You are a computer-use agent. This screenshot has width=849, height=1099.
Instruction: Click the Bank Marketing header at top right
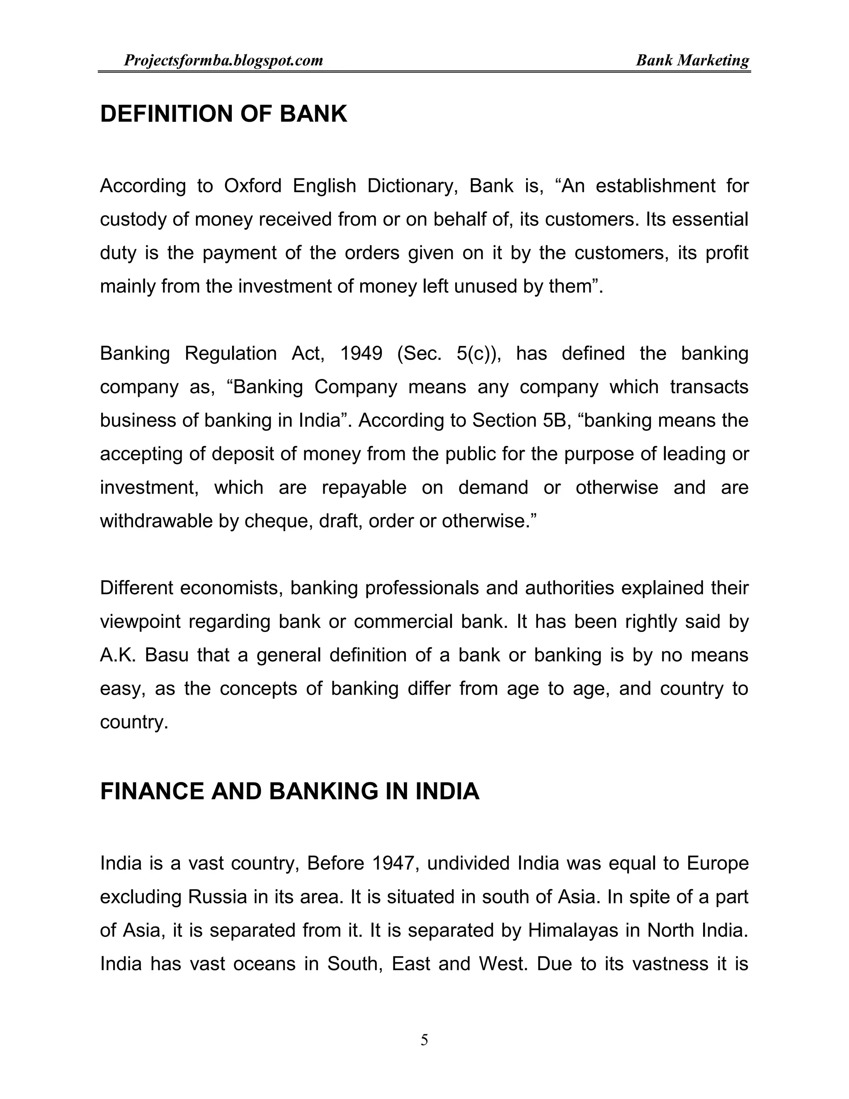692,61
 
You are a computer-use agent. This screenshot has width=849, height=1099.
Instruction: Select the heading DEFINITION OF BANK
223,114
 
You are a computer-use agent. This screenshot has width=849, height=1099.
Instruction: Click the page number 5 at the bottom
424,1040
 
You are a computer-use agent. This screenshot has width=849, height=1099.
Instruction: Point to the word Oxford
252,186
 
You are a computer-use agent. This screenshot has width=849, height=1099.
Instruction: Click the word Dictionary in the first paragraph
412,186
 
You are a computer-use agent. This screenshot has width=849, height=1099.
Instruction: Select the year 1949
361,354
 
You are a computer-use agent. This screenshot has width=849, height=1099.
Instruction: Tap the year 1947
395,863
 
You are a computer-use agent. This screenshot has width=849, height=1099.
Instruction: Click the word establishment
655,186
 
